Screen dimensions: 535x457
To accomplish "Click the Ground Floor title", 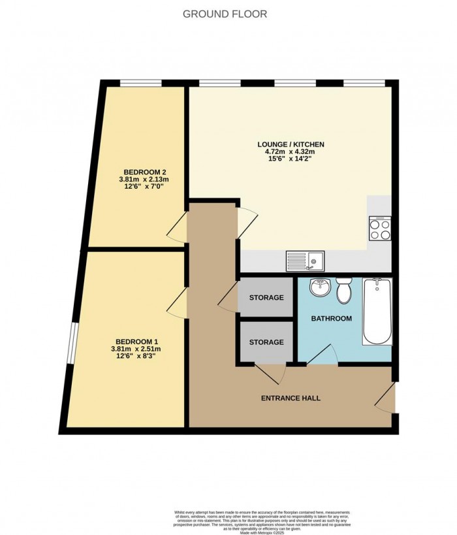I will pos(225,14).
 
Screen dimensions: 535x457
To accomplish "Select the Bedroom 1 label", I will pos(136,341).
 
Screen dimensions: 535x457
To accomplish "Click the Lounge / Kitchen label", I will pos(291,144).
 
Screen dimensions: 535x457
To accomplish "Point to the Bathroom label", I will pos(331,319).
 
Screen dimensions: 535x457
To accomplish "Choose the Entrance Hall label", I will pos(291,398).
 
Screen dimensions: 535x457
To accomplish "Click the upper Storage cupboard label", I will pos(266,298).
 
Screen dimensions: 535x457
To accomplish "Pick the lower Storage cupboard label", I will pos(266,342).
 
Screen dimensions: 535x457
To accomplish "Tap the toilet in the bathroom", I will pos(343,291).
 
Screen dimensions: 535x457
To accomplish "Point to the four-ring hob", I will pos(380,228).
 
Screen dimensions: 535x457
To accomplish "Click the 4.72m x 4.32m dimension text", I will pos(291,152).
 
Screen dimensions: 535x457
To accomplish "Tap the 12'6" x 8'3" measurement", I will pos(136,357).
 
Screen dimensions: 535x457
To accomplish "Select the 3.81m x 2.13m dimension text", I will pos(144,180).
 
